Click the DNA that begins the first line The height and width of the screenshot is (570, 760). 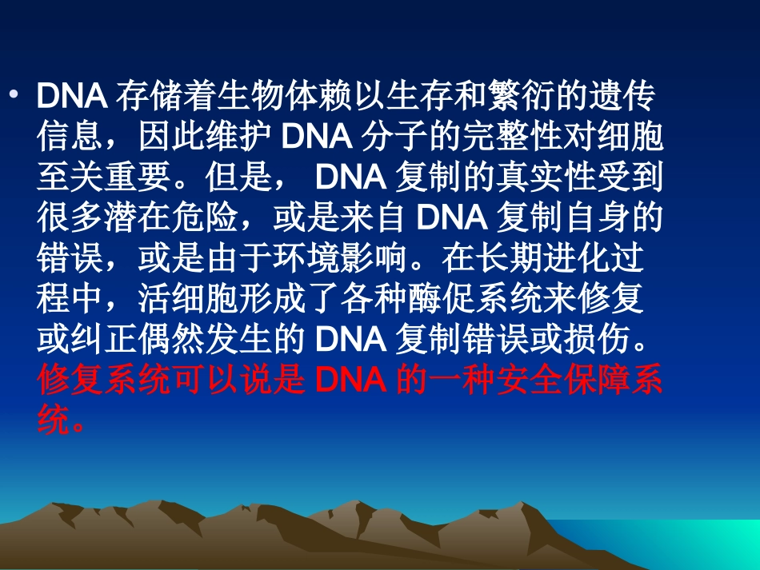[72, 98]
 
